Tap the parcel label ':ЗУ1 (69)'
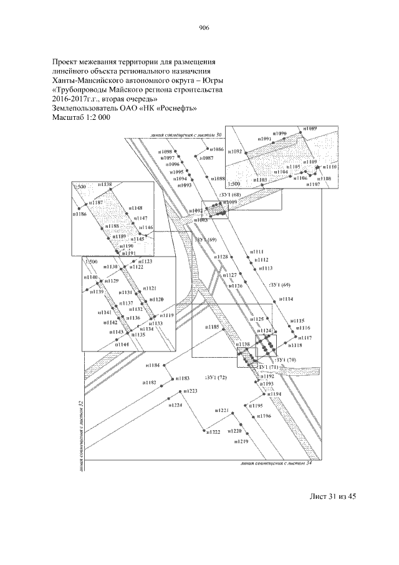pyautogui.click(x=205, y=240)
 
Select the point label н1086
pyautogui.click(x=215, y=149)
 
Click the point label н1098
pyautogui.click(x=164, y=152)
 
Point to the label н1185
pyautogui.click(x=212, y=327)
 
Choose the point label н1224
pyautogui.click(x=175, y=405)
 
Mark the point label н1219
pyautogui.click(x=241, y=441)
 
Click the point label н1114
pyautogui.click(x=286, y=300)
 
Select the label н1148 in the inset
pyautogui.click(x=135, y=207)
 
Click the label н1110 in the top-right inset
pyautogui.click(x=330, y=167)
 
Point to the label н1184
pyautogui.click(x=153, y=365)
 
